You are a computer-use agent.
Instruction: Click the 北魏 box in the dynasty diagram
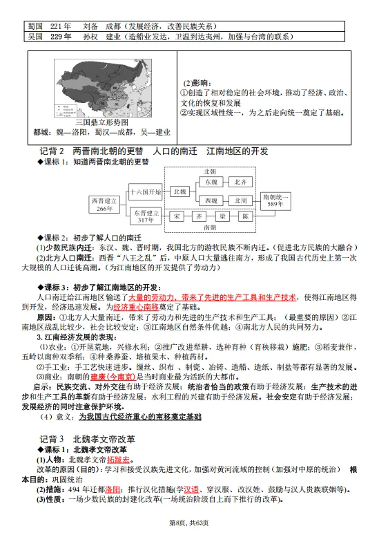179,191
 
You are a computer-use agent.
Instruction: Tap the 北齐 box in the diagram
241,181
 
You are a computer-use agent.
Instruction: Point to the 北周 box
241,200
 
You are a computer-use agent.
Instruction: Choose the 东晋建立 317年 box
146,216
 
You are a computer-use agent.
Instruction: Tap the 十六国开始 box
146,191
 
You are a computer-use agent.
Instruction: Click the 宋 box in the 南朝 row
178,216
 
